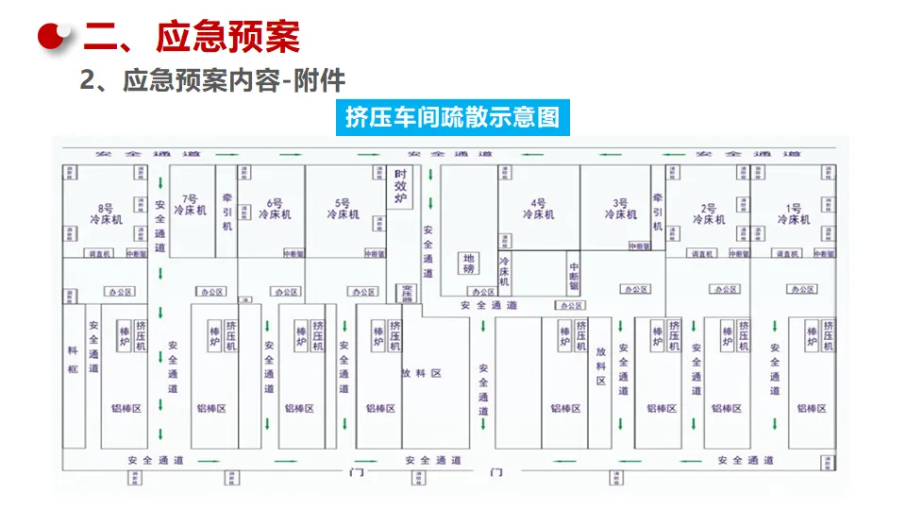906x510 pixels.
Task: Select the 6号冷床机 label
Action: [275, 209]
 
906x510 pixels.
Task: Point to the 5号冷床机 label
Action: [343, 209]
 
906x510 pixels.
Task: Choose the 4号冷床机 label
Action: [538, 209]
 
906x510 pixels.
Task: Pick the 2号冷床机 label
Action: [709, 213]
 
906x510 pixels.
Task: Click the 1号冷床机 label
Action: [794, 213]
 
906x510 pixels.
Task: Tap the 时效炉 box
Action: [401, 187]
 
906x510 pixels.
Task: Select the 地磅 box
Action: [468, 263]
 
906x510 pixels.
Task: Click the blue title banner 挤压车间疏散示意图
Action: [452, 117]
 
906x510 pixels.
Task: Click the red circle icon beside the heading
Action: [55, 37]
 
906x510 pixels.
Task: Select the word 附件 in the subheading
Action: [321, 81]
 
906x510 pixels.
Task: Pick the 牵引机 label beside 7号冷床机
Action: [226, 212]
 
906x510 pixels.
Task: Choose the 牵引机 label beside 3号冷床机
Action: [658, 212]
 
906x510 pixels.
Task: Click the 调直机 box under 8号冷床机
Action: [100, 254]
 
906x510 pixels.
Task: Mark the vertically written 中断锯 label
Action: [574, 274]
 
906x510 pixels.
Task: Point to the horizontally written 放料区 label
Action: [422, 373]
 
